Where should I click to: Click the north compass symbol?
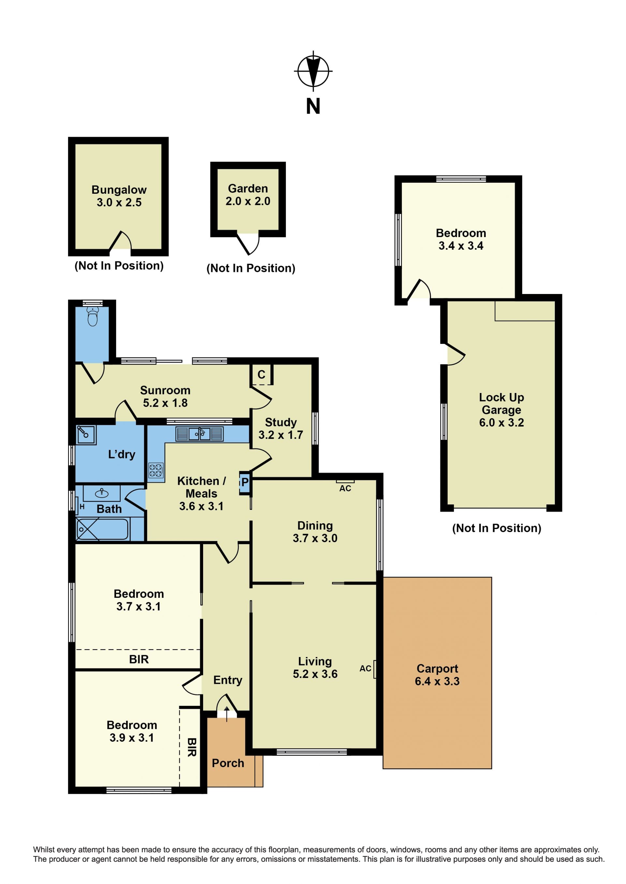pos(313,71)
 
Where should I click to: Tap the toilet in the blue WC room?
pos(93,316)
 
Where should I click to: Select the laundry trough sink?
pos(85,435)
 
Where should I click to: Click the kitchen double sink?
pos(199,434)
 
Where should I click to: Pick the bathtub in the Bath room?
pos(102,529)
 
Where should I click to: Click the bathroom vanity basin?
pos(102,493)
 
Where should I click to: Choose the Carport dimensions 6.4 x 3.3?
pos(437,681)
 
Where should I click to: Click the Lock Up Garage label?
pos(501,403)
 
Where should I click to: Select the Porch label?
pos(228,763)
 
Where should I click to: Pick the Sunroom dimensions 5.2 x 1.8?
pos(165,403)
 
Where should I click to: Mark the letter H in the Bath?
pos(82,507)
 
